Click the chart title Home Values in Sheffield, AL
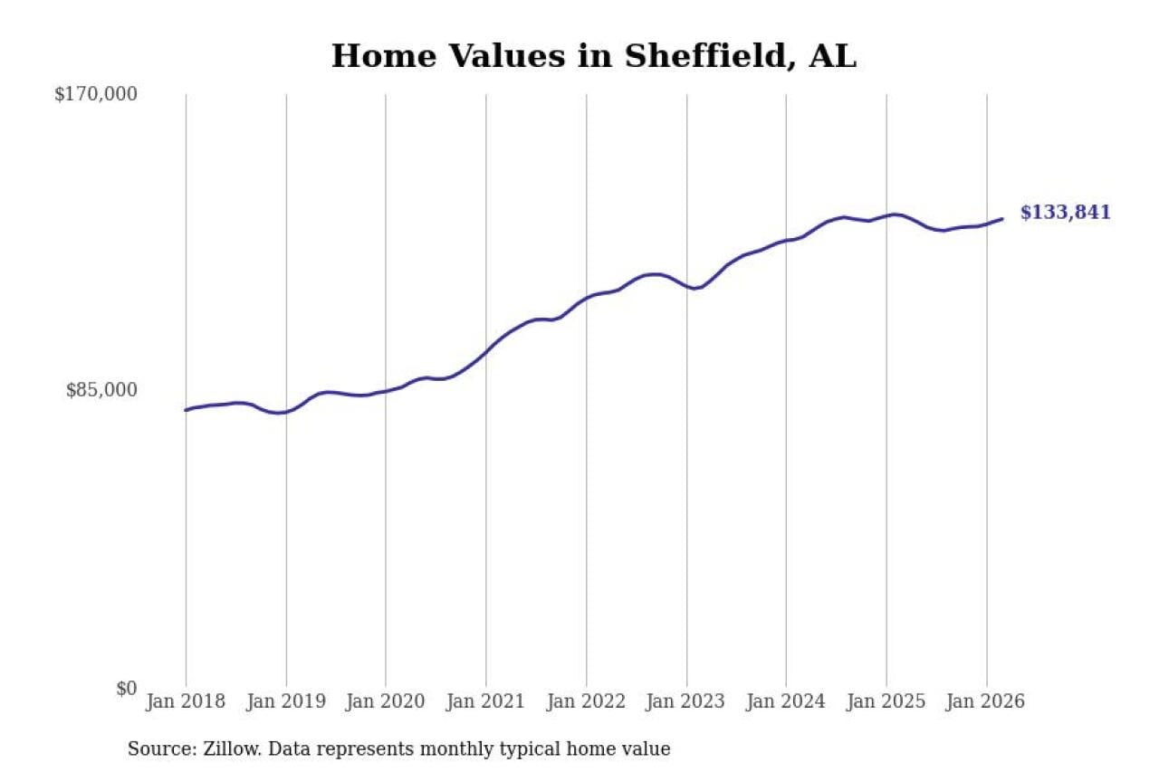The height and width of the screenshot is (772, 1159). [593, 56]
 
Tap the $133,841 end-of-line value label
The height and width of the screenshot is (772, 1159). [1065, 213]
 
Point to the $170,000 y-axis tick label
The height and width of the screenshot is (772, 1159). [95, 94]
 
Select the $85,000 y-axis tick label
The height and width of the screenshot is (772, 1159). [101, 390]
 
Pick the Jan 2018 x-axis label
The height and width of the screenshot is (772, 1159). [186, 702]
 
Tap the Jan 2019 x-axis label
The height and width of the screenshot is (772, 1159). [286, 702]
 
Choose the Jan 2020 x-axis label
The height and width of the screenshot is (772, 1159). [386, 702]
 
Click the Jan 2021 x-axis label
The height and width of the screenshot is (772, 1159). [486, 702]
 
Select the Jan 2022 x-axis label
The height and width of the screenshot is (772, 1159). [586, 702]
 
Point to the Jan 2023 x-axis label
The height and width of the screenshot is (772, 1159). [686, 702]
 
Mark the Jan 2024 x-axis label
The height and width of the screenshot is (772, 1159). [786, 702]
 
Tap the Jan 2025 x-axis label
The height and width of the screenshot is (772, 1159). [886, 702]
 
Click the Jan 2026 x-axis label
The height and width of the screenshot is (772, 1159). [986, 702]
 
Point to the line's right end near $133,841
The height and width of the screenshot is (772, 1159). [1001, 219]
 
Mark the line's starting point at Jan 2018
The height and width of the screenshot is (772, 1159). [186, 410]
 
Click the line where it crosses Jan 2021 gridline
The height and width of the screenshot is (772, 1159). [486, 350]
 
